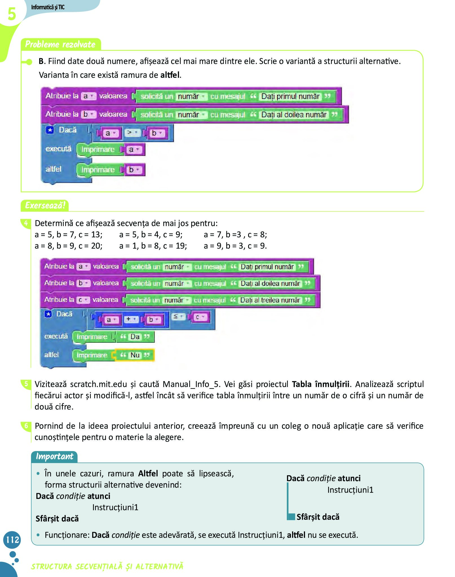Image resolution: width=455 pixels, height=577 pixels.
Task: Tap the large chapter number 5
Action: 12,14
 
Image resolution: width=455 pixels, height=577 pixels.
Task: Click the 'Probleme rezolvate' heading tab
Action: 60,44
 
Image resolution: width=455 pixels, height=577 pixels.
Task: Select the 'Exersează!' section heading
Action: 45,205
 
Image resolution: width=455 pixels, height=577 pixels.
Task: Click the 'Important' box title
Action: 54,456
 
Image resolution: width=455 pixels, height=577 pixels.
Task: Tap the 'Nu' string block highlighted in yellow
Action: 135,355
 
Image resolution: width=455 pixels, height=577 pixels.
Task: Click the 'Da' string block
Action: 135,337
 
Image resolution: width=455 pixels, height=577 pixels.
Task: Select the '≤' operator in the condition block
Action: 177,317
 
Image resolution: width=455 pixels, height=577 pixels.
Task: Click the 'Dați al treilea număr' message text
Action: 270,300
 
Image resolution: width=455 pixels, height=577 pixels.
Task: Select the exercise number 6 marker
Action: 26,426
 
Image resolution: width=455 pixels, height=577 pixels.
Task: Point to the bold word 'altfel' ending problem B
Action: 170,75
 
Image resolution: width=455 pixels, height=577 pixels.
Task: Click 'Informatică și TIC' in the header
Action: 48,7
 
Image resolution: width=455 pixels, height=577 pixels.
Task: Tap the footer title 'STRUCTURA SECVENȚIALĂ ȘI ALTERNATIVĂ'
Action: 107,566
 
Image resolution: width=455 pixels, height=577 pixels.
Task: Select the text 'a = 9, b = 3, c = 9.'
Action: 235,246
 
